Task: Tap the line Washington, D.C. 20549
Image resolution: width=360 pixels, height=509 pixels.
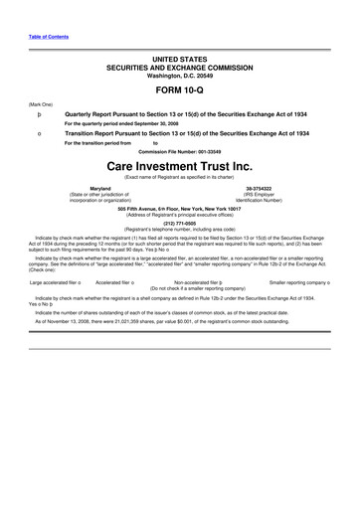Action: (180, 75)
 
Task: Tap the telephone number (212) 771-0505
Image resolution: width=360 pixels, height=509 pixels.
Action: (180, 225)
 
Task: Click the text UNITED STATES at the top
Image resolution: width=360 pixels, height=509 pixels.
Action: (180, 59)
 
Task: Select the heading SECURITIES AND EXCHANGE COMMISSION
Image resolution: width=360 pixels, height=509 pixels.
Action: (180, 67)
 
